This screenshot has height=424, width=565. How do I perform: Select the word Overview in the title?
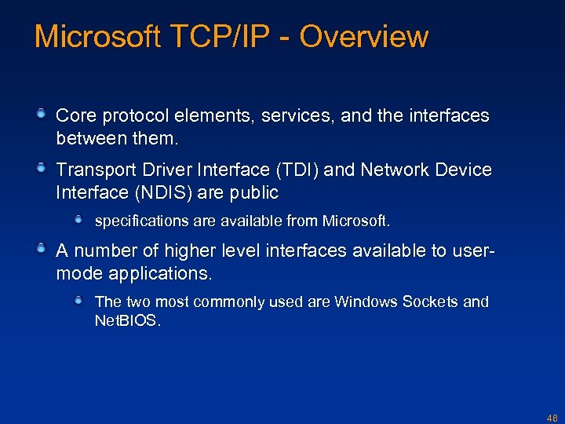364,37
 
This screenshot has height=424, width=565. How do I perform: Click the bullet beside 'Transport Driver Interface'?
42,169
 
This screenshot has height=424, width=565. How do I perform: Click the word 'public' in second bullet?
254,192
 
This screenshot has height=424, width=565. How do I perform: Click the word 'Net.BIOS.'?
128,321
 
